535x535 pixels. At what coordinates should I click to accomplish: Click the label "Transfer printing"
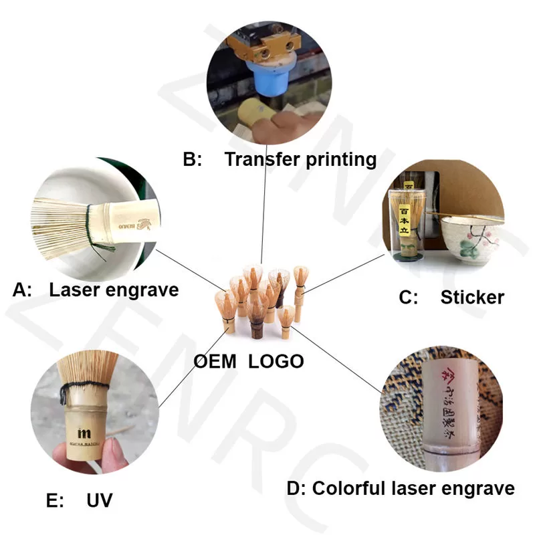click(300, 160)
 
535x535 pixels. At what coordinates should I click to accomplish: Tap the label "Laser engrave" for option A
click(114, 290)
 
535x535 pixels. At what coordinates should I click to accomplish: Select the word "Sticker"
click(472, 297)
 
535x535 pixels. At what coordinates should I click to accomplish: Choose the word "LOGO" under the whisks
click(276, 361)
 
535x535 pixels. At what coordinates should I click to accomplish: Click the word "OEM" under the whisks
click(215, 361)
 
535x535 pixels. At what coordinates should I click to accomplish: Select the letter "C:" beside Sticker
click(409, 297)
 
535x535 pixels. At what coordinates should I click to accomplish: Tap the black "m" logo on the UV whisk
click(85, 432)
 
